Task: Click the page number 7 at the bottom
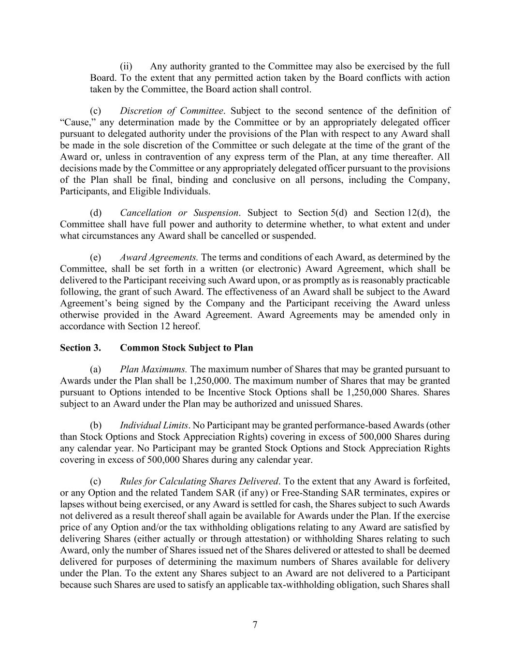(x=255, y=625)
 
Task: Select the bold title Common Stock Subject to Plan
(x=186, y=348)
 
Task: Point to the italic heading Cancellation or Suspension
(x=179, y=213)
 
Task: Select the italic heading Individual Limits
(x=154, y=425)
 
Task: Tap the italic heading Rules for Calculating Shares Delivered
(x=199, y=482)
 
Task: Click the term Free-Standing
(x=353, y=493)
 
